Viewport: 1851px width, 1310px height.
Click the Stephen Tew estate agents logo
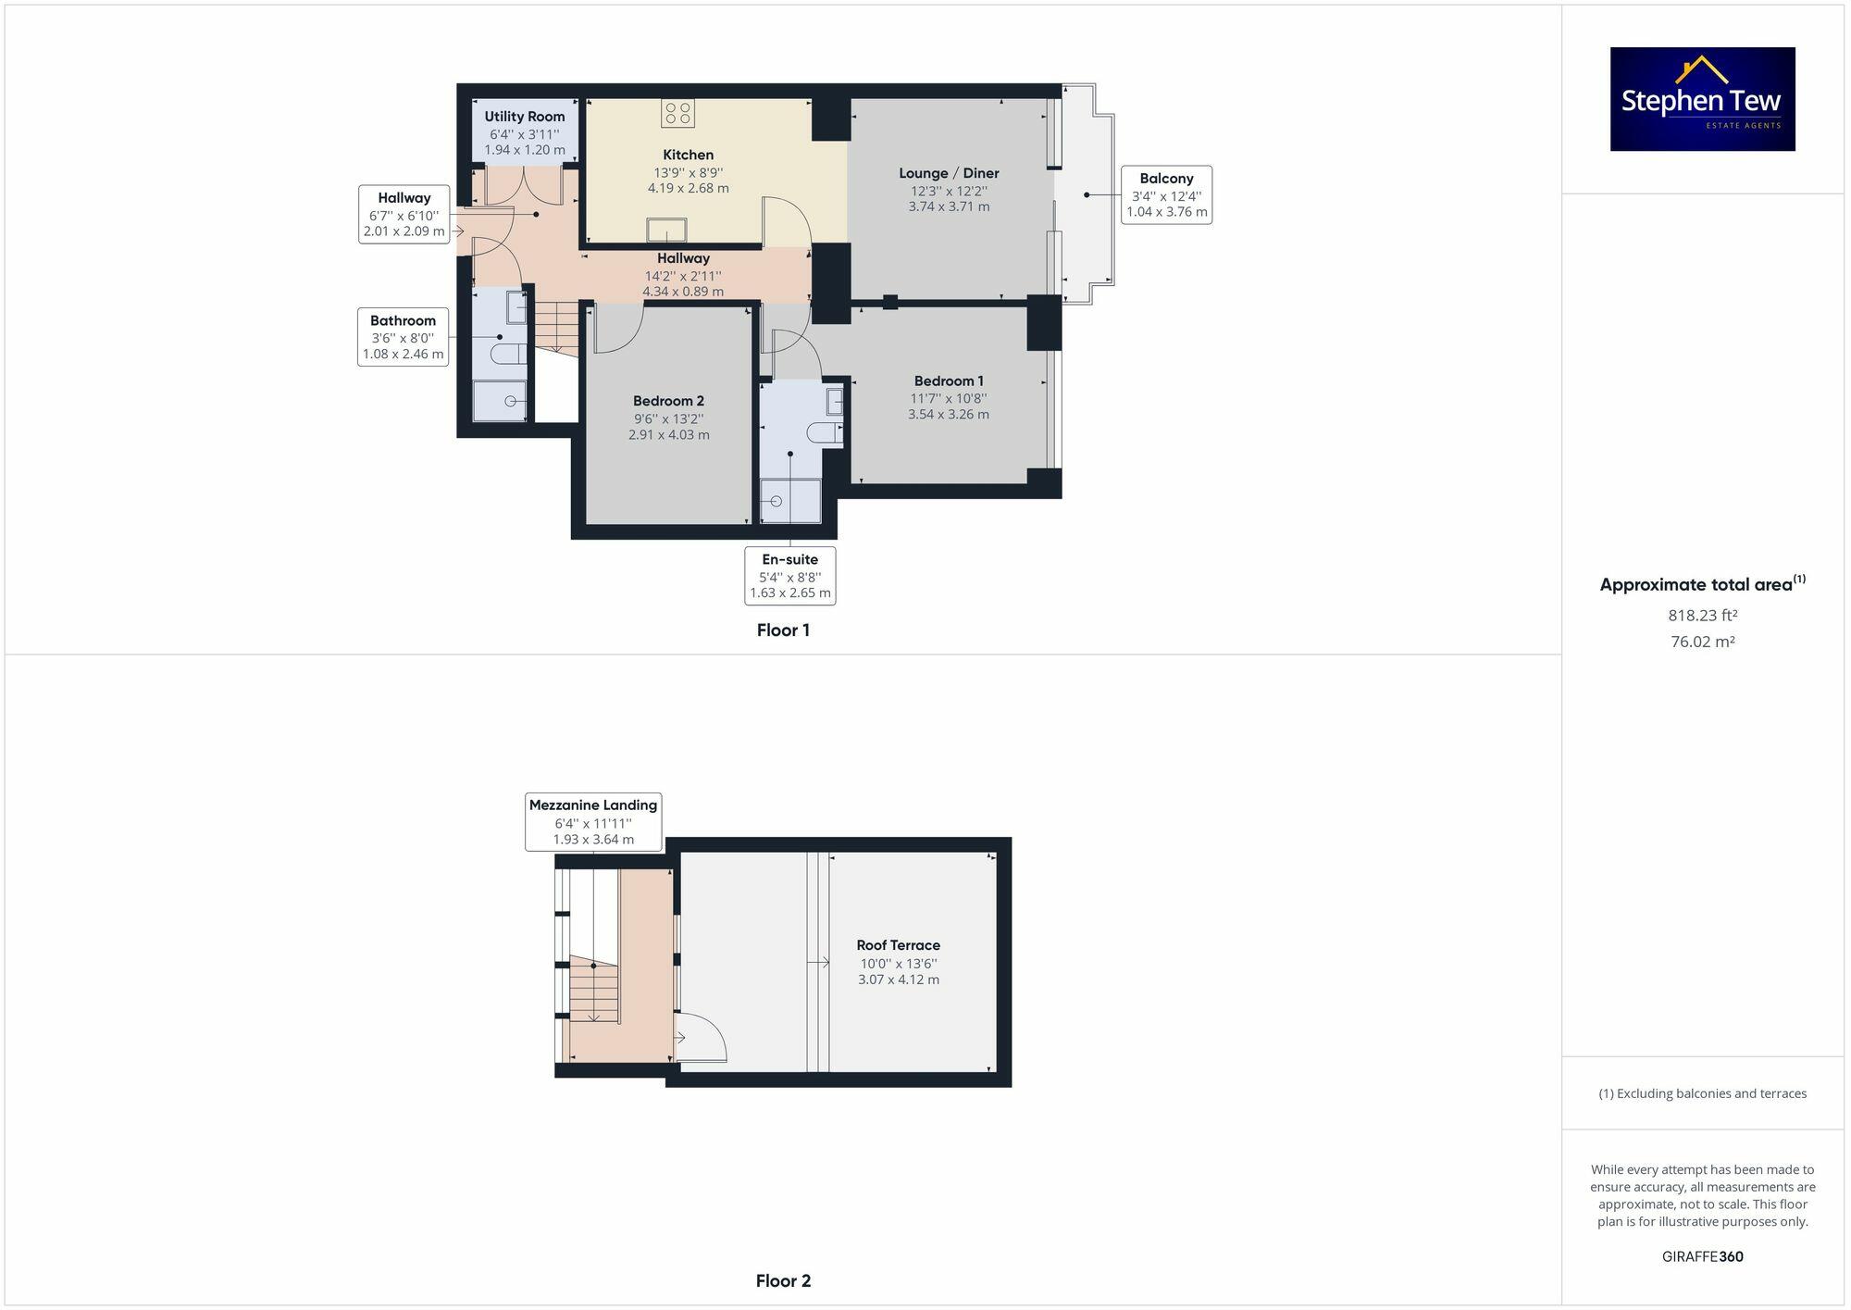(x=1702, y=99)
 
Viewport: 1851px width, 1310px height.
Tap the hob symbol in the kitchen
(x=677, y=113)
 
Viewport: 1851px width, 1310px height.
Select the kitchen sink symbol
(x=666, y=230)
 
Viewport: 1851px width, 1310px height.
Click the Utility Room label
(x=525, y=117)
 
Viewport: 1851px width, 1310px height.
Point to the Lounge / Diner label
(x=949, y=173)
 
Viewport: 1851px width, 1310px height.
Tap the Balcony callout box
(x=1166, y=194)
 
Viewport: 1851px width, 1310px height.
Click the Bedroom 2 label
(x=668, y=401)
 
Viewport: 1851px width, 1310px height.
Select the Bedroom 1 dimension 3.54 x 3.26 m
(x=949, y=415)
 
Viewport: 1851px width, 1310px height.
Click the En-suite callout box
(x=789, y=576)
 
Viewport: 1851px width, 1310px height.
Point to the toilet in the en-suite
(x=822, y=432)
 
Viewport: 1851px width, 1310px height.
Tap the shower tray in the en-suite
(x=790, y=501)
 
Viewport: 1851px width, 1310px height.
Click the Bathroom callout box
(x=403, y=337)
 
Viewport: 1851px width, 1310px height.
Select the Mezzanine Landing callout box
(x=593, y=822)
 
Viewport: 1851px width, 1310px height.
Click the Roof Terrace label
(x=898, y=945)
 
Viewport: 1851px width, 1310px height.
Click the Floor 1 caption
(x=783, y=630)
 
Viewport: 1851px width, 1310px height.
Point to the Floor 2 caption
(x=783, y=1281)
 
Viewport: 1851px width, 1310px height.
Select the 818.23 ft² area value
(x=1702, y=616)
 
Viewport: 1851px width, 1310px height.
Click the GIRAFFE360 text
(x=1702, y=1256)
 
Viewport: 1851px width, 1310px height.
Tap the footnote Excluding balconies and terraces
(x=1702, y=1093)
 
